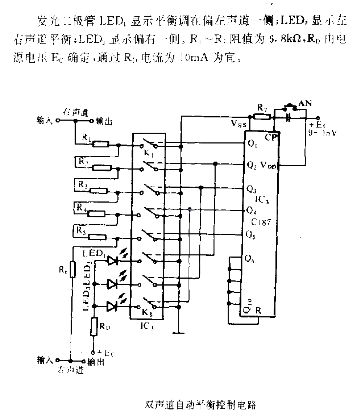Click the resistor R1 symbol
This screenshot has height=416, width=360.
[101, 144]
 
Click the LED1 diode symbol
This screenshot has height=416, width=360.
[112, 261]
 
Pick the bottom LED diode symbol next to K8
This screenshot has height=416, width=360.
[112, 306]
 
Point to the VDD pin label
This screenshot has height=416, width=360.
[269, 166]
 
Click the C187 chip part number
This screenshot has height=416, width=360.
[261, 222]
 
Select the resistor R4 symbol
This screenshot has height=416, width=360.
[96, 214]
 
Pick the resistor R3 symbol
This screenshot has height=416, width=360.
[99, 190]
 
